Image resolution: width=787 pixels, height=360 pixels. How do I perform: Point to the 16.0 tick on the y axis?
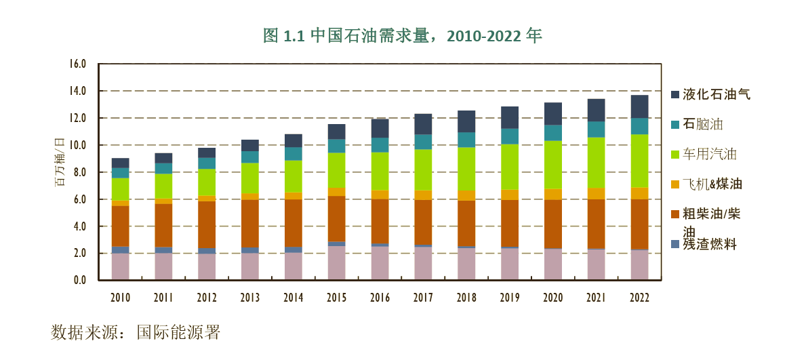click(78, 64)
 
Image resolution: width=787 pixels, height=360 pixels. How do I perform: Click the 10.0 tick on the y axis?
click(78, 146)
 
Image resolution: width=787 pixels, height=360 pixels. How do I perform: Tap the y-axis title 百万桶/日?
click(59, 162)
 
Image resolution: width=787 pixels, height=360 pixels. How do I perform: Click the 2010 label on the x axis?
click(120, 298)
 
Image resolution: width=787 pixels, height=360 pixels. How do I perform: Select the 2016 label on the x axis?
click(380, 298)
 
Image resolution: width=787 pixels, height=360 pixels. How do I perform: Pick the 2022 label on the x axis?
click(639, 298)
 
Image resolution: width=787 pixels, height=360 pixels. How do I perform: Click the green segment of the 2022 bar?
click(639, 161)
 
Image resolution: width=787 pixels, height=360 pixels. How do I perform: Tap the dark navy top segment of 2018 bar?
click(466, 121)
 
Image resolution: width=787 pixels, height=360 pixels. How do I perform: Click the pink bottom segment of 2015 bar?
click(337, 263)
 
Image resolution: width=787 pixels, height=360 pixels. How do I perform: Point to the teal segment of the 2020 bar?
click(553, 133)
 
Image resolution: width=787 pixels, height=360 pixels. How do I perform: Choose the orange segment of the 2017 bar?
click(423, 195)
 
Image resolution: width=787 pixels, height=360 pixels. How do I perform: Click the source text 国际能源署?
click(178, 333)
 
